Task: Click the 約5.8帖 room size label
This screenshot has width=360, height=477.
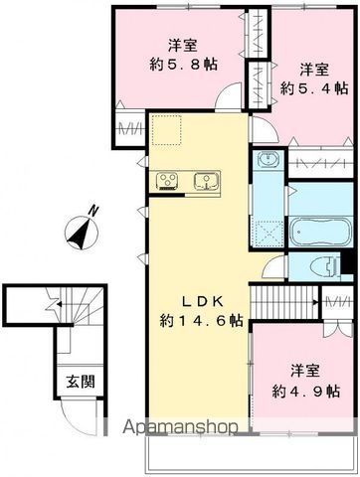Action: coord(184,65)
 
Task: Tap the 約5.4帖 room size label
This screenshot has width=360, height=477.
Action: coord(314,88)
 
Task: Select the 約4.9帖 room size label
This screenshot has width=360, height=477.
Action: coord(306,392)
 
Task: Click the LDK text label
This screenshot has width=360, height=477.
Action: coord(202,301)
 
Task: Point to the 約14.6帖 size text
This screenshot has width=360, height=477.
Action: coord(202,321)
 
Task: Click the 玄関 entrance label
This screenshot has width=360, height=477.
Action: coord(81,382)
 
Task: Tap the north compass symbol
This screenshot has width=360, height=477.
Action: coord(82,233)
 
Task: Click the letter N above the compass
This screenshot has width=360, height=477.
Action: coord(94,211)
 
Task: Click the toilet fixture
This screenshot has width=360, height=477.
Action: coord(327,266)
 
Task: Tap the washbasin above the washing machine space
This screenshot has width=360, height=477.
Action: coord(268,160)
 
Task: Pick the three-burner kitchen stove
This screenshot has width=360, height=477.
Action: coord(167,182)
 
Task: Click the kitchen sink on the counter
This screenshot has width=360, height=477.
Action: coord(206,182)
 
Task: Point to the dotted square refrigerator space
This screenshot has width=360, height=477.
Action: coord(167,130)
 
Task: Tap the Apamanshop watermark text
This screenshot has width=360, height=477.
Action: coord(181,427)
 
